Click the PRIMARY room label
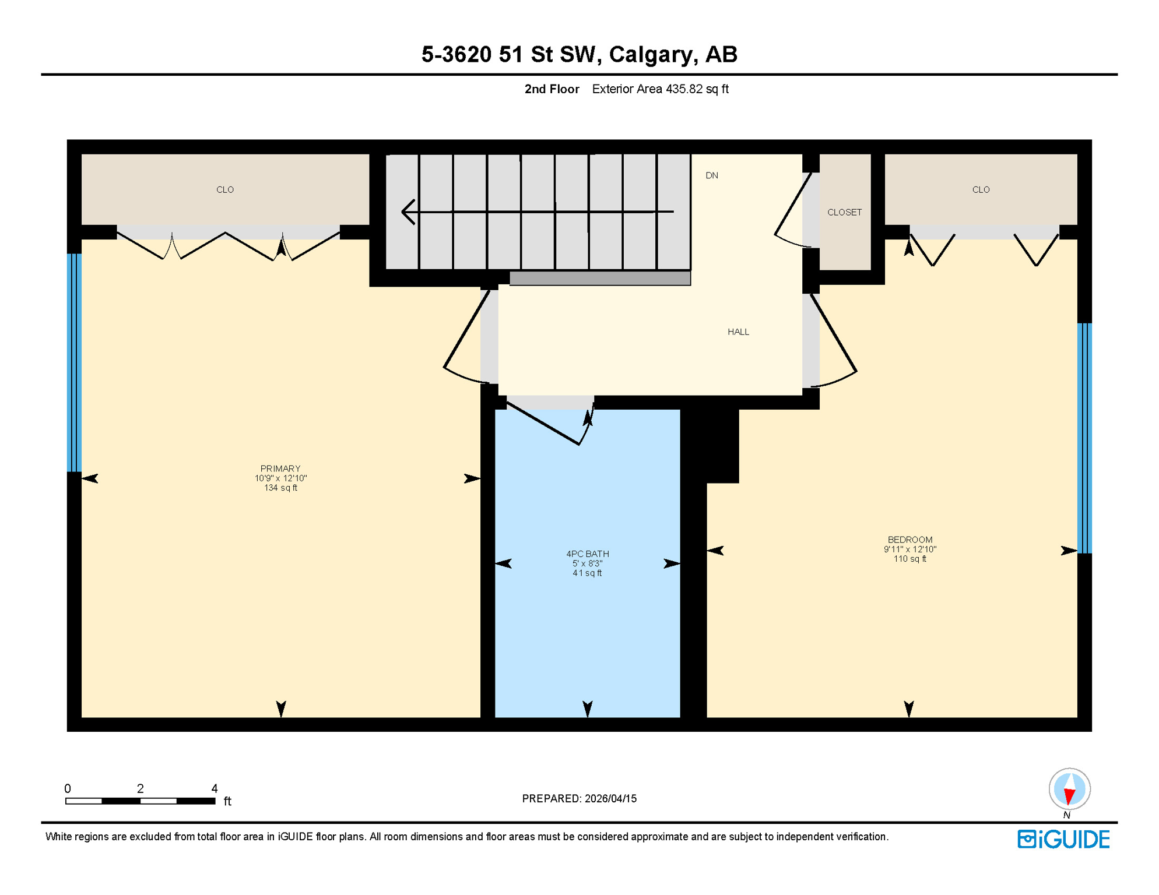click(x=280, y=469)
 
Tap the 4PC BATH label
click(x=587, y=554)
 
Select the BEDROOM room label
click(x=909, y=540)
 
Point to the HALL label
click(x=738, y=332)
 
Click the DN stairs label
click(x=711, y=175)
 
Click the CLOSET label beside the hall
click(x=844, y=213)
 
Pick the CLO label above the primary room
click(x=225, y=190)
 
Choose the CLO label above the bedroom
click(x=981, y=190)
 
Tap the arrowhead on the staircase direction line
click(x=409, y=212)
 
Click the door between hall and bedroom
click(x=834, y=338)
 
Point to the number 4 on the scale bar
click(x=215, y=788)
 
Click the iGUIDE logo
click(x=1063, y=840)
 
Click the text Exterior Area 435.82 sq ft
click(x=660, y=89)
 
